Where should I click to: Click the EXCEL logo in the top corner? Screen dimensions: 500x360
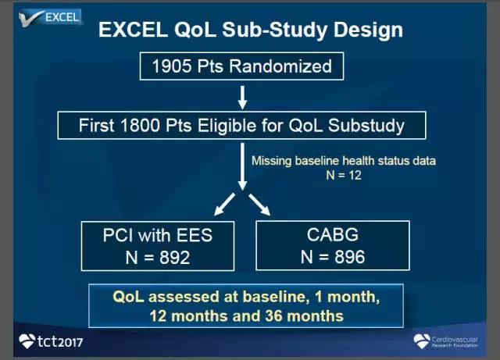(x=50, y=17)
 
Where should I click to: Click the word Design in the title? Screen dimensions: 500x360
(x=368, y=30)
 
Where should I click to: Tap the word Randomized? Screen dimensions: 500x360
(x=280, y=66)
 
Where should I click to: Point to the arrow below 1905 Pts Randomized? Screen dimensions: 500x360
(x=243, y=98)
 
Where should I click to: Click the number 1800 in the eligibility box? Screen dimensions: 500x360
(x=140, y=125)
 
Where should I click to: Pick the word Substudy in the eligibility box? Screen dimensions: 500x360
(x=366, y=125)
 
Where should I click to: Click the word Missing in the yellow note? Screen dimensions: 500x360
(x=271, y=161)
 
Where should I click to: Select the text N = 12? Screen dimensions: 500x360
(x=344, y=176)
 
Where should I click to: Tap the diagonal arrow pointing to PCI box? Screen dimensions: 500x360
(x=224, y=205)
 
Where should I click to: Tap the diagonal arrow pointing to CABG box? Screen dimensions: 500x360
(x=259, y=205)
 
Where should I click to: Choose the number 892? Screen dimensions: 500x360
(x=175, y=258)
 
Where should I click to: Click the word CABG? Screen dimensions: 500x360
(x=333, y=235)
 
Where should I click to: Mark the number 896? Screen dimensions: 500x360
(x=349, y=257)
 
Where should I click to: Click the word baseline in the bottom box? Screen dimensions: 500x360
(x=274, y=297)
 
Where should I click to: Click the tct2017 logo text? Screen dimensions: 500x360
(x=60, y=342)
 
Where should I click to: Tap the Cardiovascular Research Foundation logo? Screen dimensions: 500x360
(x=445, y=341)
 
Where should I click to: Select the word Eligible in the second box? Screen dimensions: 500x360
(x=227, y=125)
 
